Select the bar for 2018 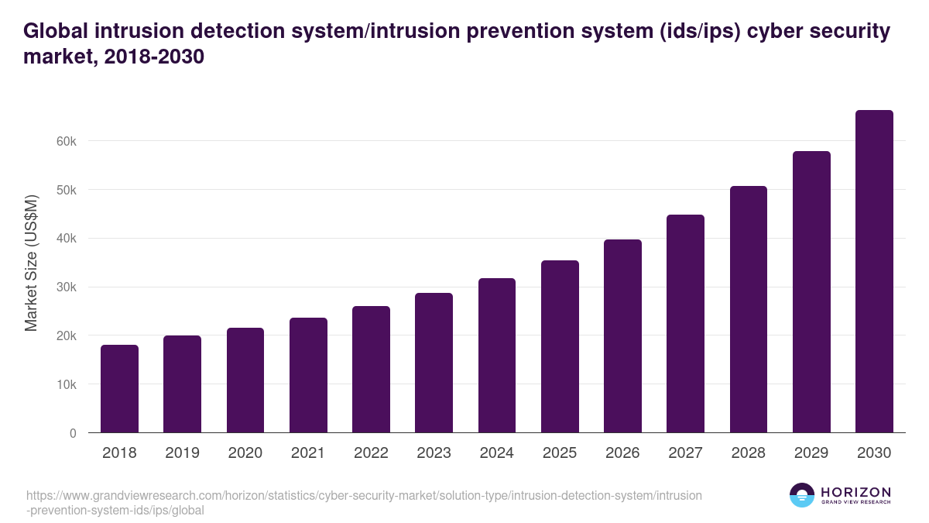[x=119, y=389]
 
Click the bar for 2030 [x=874, y=271]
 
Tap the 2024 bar [x=497, y=356]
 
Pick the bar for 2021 [x=308, y=375]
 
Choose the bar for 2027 [x=685, y=324]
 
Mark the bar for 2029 [x=811, y=292]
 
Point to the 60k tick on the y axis [x=67, y=141]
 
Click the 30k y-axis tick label [x=67, y=287]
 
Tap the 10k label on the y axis [x=67, y=384]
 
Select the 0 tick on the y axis [x=73, y=433]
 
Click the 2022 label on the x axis [x=371, y=453]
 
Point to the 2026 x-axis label [x=622, y=453]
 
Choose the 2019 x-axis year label [x=182, y=453]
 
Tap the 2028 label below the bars [x=749, y=453]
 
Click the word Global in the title [x=57, y=31]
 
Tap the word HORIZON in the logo [x=855, y=492]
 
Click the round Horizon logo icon [x=802, y=495]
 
